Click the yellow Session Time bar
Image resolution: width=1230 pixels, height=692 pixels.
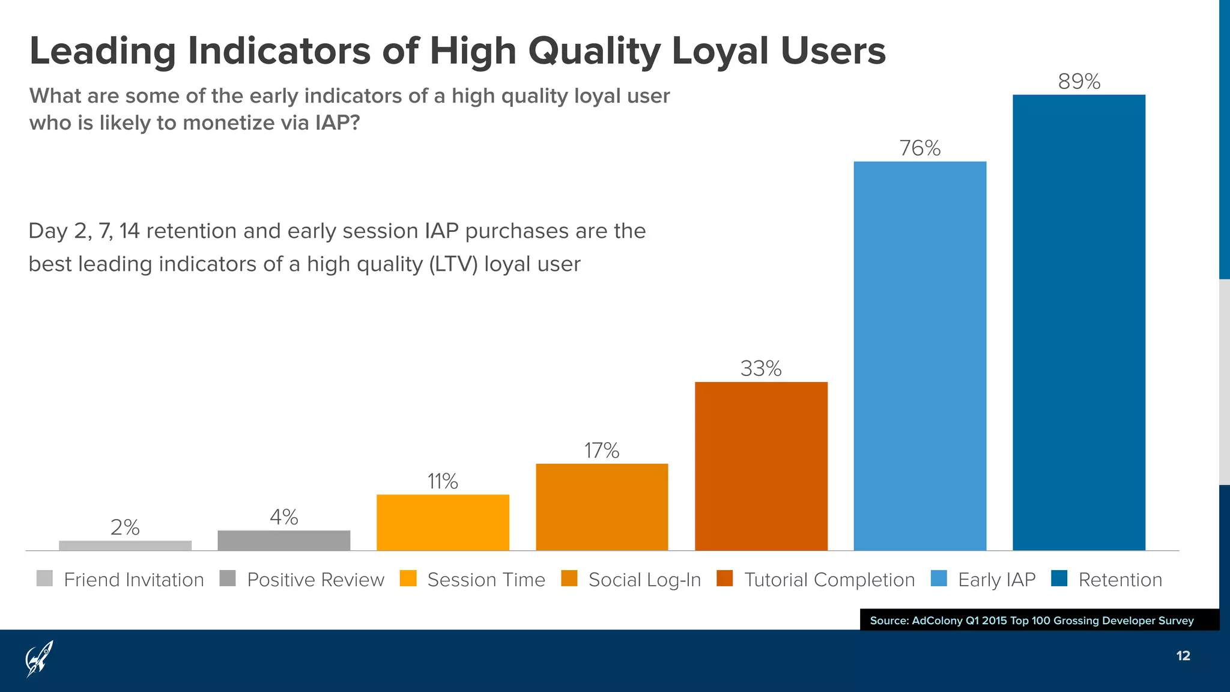[443, 522]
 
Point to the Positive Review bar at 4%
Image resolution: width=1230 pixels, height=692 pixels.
[283, 540]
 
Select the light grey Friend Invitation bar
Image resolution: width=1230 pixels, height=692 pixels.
[125, 545]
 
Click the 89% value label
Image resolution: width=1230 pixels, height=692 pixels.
[1079, 82]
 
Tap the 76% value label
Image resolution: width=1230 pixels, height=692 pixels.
[919, 148]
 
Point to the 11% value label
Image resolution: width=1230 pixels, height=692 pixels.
[443, 482]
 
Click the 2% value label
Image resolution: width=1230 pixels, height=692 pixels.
[125, 527]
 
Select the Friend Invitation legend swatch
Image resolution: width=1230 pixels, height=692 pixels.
[44, 578]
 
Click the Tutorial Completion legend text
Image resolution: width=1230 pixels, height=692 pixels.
[829, 580]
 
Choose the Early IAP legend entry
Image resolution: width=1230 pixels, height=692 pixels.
[996, 580]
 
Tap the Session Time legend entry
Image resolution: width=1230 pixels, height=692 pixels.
[486, 580]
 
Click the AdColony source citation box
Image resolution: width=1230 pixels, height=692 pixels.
[1039, 620]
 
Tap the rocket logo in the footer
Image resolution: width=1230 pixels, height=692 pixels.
[40, 658]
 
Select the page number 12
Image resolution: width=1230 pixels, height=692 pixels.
[1183, 656]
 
